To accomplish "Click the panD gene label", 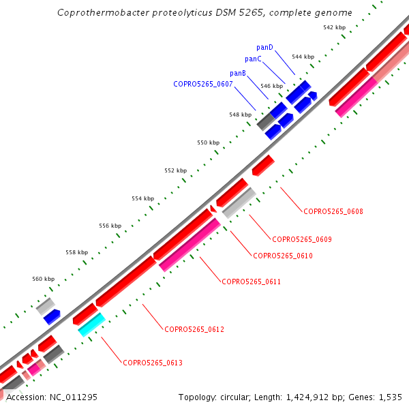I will pyautogui.click(x=264, y=47).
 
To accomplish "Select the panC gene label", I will pyautogui.click(x=253, y=59).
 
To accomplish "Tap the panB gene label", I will pyautogui.click(x=238, y=73).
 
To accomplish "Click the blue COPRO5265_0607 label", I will pyautogui.click(x=203, y=85).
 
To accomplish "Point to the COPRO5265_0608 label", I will pyautogui.click(x=333, y=211).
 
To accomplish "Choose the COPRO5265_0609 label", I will pyautogui.click(x=301, y=239).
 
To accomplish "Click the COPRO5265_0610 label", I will pyautogui.click(x=282, y=256).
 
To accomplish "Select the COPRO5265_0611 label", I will pyautogui.click(x=251, y=282).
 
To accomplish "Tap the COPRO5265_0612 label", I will pyautogui.click(x=194, y=329).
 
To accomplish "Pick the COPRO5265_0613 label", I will pyautogui.click(x=153, y=363).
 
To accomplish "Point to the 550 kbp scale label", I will pyautogui.click(x=208, y=142).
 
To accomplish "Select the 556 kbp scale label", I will pyautogui.click(x=110, y=226).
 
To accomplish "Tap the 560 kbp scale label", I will pyautogui.click(x=43, y=279).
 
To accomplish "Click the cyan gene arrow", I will pyautogui.click(x=91, y=324).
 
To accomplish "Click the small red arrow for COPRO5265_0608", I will pyautogui.click(x=263, y=165).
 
